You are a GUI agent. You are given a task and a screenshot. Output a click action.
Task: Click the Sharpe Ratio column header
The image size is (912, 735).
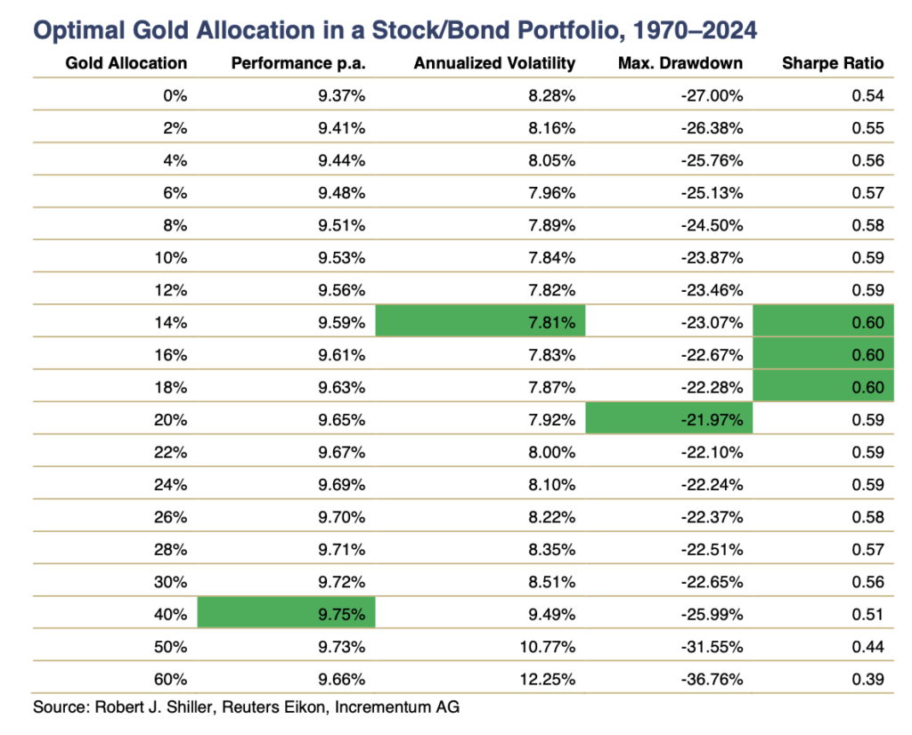pos(833,63)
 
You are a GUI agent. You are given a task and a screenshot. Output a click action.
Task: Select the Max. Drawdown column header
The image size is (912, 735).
pos(680,63)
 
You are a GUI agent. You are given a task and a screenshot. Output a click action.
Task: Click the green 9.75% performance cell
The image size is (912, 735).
pos(286,614)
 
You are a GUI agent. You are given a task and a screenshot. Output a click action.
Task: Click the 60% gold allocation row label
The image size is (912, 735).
pos(170,679)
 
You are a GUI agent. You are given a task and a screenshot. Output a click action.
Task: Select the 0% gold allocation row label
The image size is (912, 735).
pos(175,95)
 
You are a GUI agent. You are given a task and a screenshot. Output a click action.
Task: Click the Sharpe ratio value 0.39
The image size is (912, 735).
pos(867,679)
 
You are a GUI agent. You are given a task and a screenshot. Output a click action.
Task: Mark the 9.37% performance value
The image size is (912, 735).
pos(341,95)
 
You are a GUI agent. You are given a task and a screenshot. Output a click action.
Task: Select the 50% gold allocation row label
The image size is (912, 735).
pos(170,647)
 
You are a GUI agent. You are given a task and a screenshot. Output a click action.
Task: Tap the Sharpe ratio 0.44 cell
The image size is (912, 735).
pos(867,647)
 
